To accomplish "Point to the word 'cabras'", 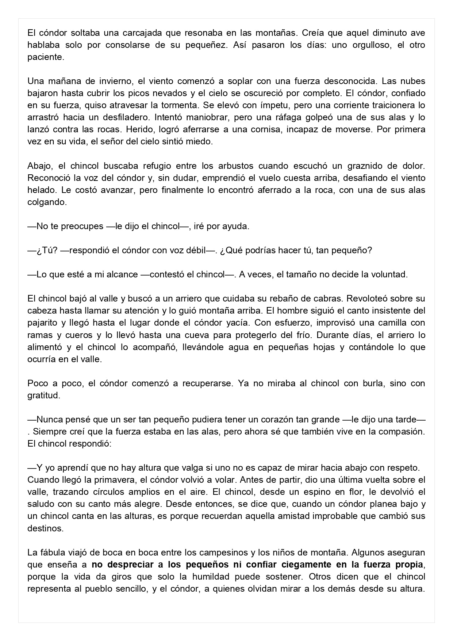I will click(329, 298).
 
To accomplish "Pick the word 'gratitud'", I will click(43, 395).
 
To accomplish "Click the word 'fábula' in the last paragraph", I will click(50, 552).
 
